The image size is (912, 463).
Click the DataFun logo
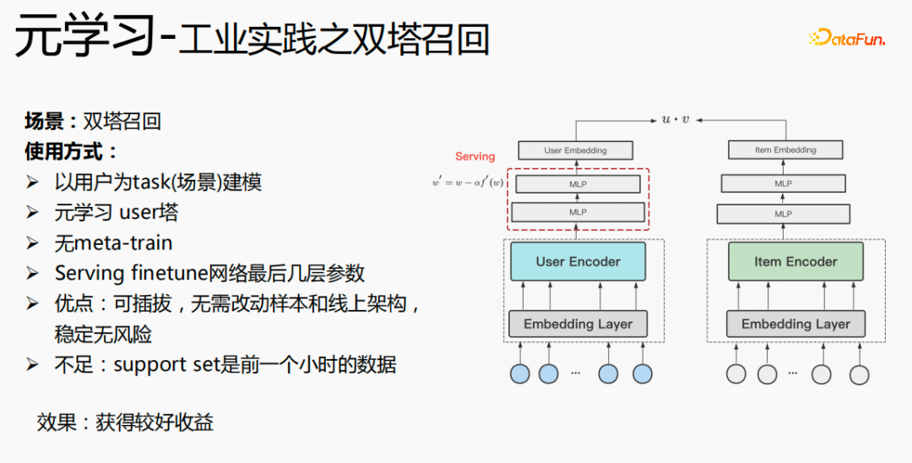point(846,38)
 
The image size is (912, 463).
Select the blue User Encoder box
point(578,262)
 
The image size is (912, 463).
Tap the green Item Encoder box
point(795,262)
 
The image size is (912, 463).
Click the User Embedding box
point(575,150)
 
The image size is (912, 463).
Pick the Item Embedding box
point(785,150)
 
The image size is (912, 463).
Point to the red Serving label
point(475,156)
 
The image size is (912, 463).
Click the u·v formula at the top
point(675,119)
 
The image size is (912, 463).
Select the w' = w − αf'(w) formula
point(467,182)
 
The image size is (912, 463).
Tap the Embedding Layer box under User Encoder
point(578,324)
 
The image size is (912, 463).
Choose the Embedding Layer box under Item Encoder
point(795,324)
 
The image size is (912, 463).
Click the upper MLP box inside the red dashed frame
point(578,184)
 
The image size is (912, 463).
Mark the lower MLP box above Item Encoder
point(783,214)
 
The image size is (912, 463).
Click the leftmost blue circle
point(520,374)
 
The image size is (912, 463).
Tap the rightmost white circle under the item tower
point(859,374)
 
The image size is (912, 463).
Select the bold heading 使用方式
point(71,152)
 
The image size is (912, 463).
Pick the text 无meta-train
point(113,243)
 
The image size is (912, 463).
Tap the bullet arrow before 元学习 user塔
point(33,213)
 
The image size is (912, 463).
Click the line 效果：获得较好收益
point(125,422)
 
